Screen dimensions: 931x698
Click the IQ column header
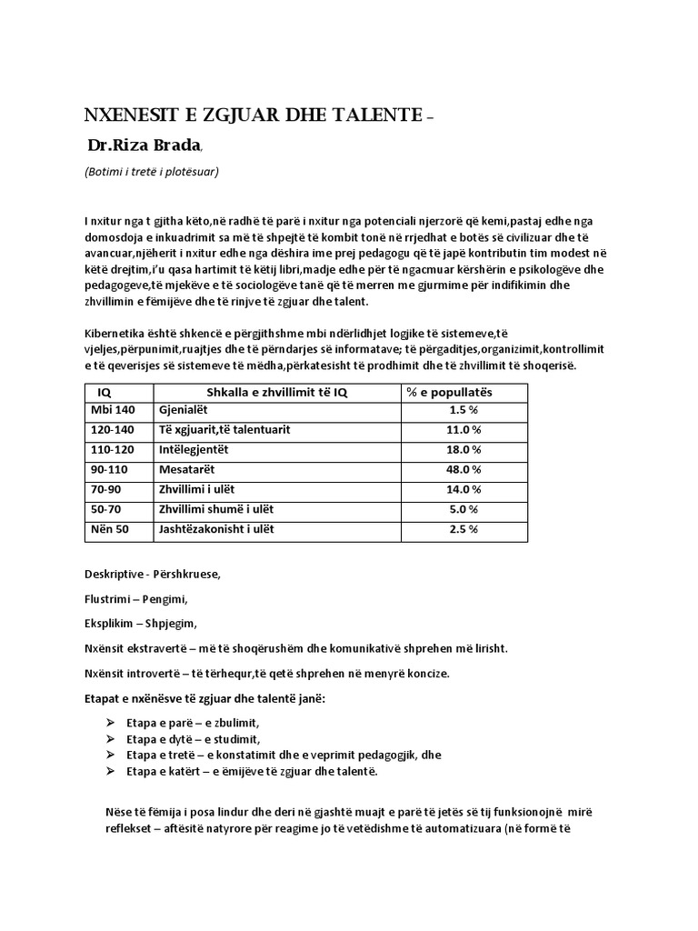(x=104, y=392)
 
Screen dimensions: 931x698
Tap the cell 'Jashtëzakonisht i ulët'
(x=216, y=529)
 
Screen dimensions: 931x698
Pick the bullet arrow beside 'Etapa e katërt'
(x=111, y=771)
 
